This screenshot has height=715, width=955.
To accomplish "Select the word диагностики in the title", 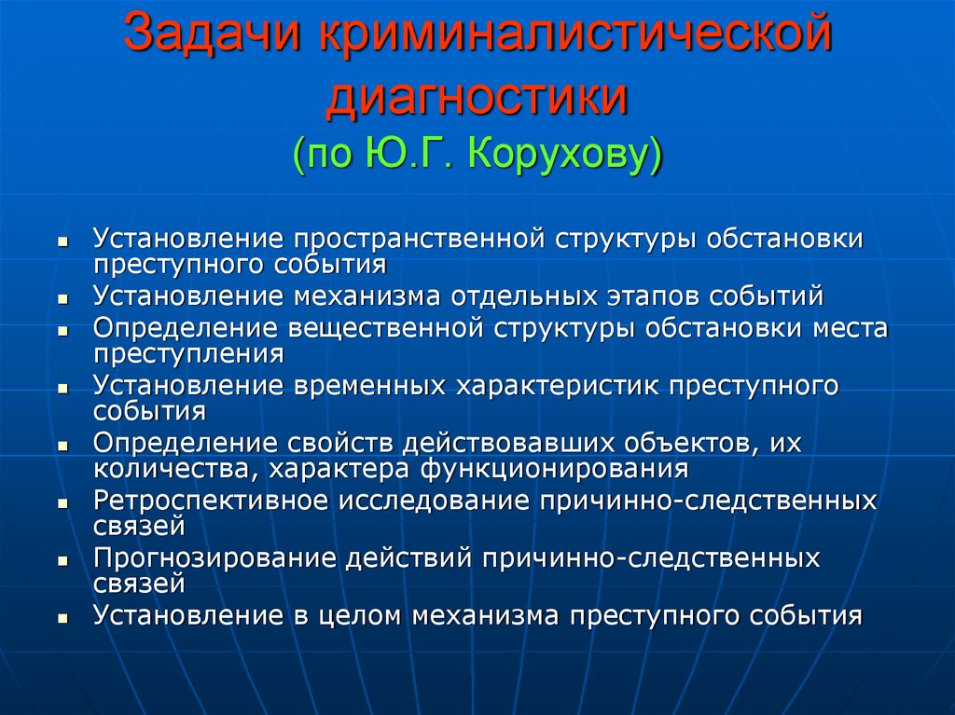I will [x=477, y=97].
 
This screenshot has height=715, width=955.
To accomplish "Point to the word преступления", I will [x=188, y=353].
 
